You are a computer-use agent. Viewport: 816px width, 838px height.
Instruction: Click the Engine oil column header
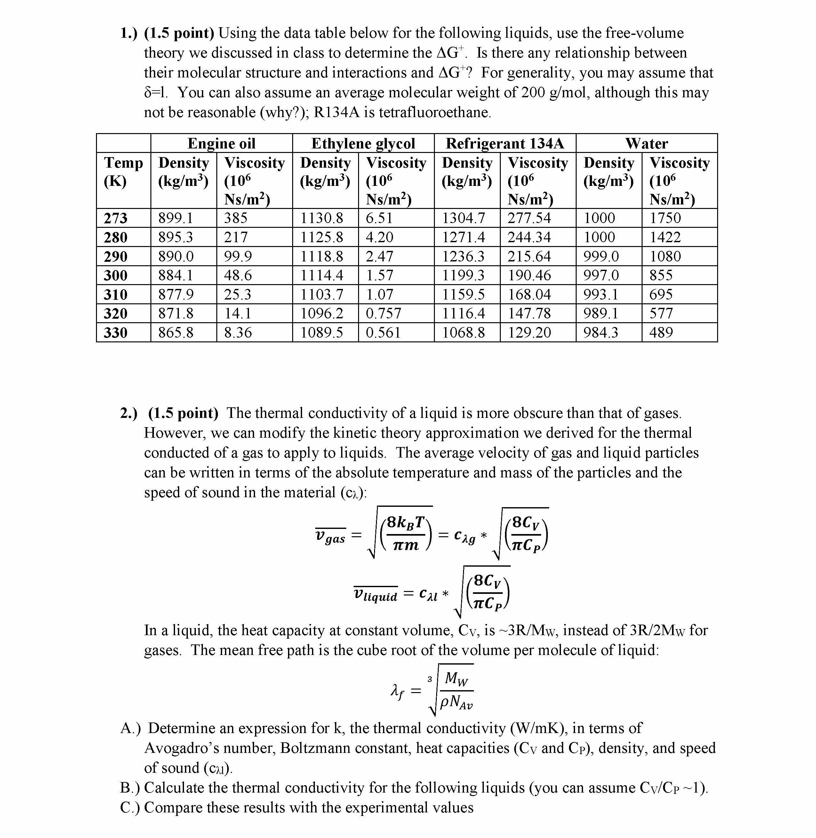[221, 143]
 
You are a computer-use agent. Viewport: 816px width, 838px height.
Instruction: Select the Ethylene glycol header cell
[363, 143]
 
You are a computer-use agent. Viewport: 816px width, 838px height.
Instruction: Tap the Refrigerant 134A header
[505, 143]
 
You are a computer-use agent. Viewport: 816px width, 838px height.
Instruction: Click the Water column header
[646, 143]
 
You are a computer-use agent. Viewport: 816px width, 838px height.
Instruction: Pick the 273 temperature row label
[116, 218]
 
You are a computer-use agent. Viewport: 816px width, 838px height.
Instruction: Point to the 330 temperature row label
[116, 332]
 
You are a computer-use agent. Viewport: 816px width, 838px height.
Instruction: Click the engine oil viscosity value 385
[236, 218]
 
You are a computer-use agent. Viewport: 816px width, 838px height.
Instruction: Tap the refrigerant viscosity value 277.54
[529, 218]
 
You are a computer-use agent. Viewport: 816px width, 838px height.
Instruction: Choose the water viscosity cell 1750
[665, 218]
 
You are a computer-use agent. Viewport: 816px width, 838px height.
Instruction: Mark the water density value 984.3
[601, 332]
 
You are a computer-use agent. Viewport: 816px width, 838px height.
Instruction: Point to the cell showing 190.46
[529, 275]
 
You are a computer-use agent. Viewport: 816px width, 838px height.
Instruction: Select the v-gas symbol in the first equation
[330, 536]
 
